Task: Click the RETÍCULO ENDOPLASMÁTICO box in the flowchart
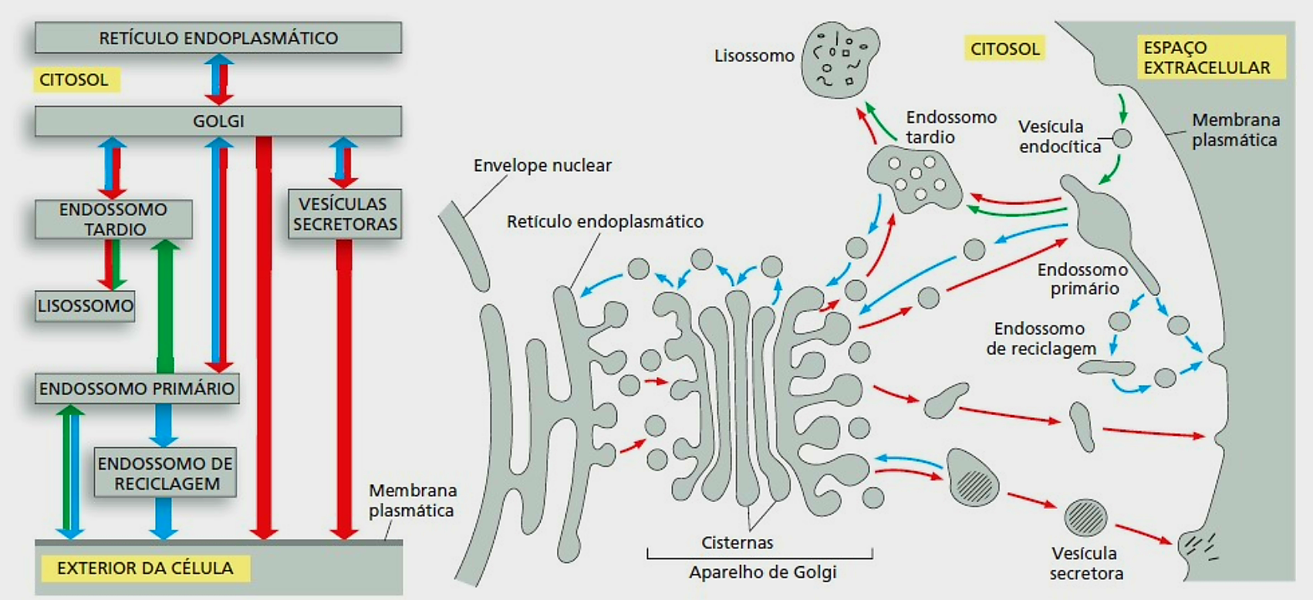coord(218,38)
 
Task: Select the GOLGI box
coord(218,121)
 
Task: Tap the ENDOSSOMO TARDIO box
coord(113,219)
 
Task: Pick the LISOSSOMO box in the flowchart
coord(85,306)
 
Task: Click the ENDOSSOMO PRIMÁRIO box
coord(137,388)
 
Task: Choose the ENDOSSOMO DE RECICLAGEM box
coord(165,473)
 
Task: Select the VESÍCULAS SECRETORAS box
coord(345,214)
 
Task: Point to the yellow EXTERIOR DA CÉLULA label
coord(144,568)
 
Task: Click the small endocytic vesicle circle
coord(1122,138)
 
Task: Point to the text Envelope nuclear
coord(542,166)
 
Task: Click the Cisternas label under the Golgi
coord(737,543)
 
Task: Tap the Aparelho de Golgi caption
coord(762,572)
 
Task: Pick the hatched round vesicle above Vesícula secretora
coord(1085,517)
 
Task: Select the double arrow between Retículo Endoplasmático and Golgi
coord(219,79)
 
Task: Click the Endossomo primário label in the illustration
coord(1083,279)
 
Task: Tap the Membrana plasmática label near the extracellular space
coord(1235,130)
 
